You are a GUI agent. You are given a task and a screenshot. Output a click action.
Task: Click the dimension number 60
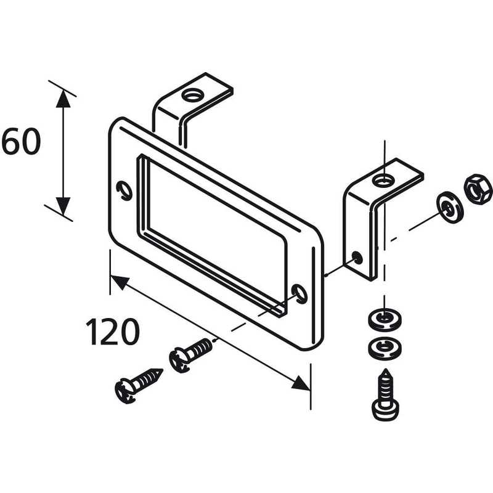pyautogui.click(x=21, y=142)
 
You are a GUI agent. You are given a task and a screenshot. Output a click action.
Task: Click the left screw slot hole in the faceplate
pyautogui.click(x=124, y=190)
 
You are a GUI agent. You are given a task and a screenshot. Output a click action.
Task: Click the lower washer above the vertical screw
pyautogui.click(x=385, y=348)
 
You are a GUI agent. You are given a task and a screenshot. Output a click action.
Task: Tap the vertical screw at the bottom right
pyautogui.click(x=385, y=395)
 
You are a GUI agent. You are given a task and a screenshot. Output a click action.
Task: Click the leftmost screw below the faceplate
pyautogui.click(x=139, y=384)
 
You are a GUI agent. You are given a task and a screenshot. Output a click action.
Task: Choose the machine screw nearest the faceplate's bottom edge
pyautogui.click(x=191, y=356)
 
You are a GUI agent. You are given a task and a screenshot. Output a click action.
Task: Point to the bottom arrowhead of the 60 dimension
pyautogui.click(x=62, y=206)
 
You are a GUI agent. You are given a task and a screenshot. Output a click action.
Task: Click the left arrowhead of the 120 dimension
pyautogui.click(x=118, y=282)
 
